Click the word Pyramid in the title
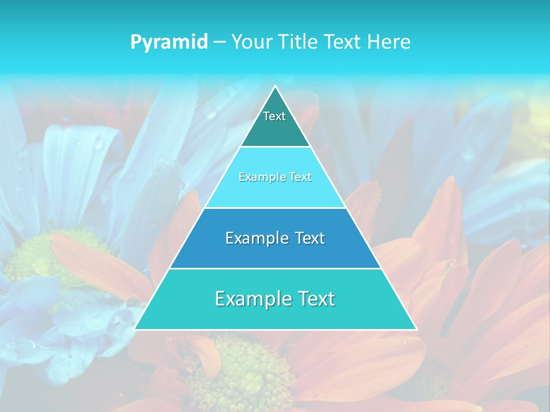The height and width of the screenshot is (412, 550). tap(169, 42)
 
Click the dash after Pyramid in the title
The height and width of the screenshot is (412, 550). tap(219, 42)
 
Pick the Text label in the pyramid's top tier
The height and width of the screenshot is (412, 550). tap(274, 116)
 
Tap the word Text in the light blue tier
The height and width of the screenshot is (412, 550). tap(300, 177)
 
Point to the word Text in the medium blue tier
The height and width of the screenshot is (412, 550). tap(311, 238)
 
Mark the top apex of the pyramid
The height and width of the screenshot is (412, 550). tap(275, 86)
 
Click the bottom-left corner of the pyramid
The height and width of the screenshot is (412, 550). tap(135, 329)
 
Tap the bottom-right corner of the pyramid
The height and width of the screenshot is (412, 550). tap(416, 329)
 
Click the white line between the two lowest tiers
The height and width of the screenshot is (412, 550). tap(275, 268)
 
